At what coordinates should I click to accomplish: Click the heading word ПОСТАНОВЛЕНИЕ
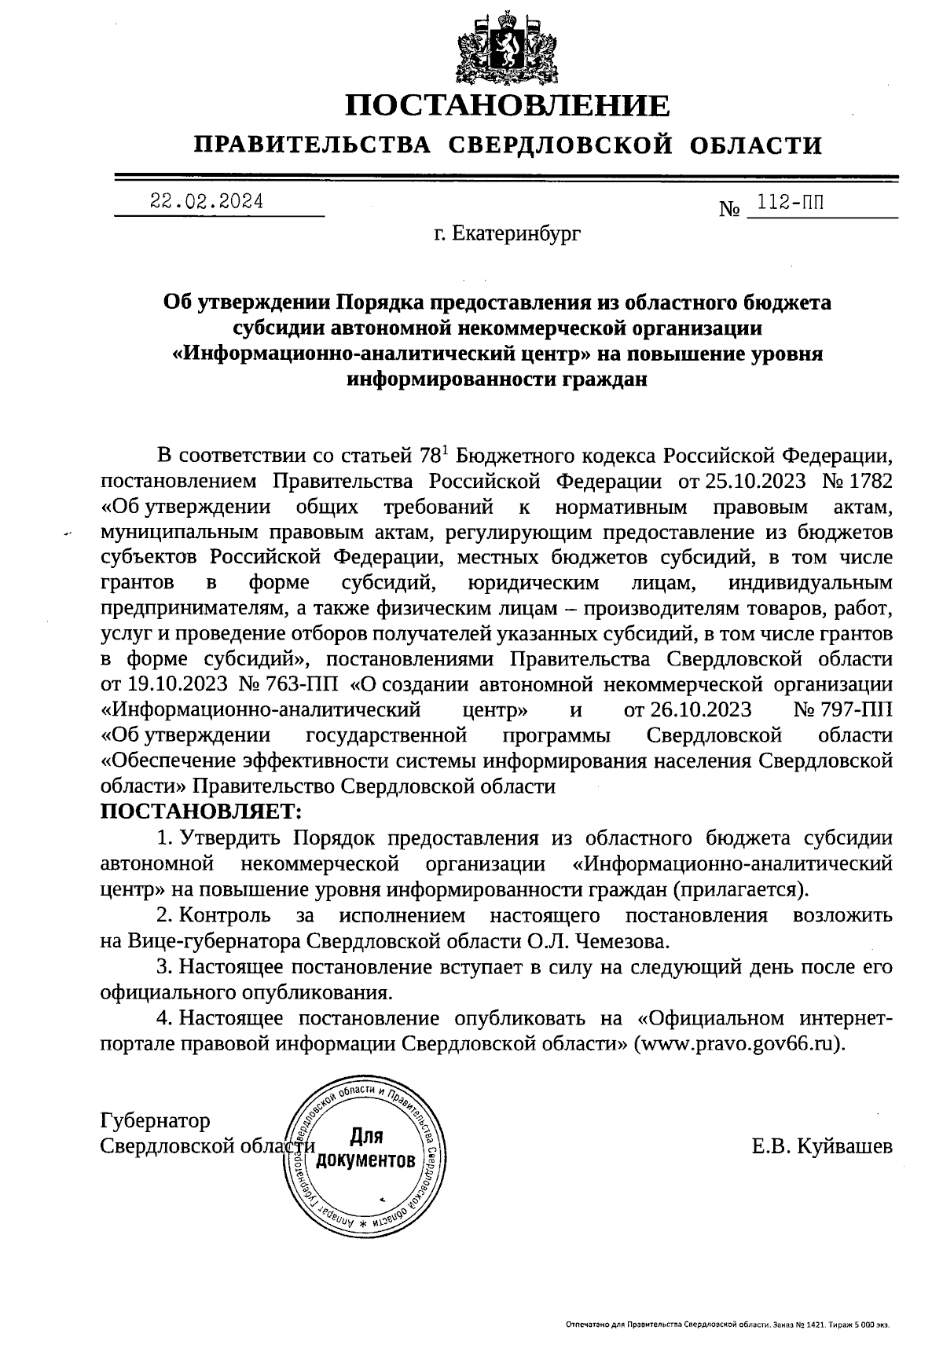[x=508, y=105]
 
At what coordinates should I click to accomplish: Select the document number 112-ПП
[x=786, y=204]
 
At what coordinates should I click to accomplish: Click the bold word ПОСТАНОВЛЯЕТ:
[x=201, y=810]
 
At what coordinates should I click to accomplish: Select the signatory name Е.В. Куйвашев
[x=821, y=1146]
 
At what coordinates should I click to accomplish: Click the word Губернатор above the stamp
[x=156, y=1120]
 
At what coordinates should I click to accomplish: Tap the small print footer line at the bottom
[x=728, y=1325]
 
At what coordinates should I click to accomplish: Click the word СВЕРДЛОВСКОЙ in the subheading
[x=565, y=145]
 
